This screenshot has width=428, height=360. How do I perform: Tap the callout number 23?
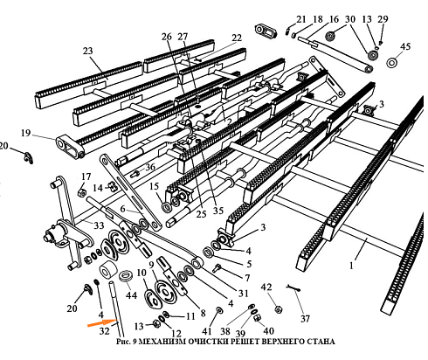87,52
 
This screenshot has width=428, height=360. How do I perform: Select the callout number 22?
237,38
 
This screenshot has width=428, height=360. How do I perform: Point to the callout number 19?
26,133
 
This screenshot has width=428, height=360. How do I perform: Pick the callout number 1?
352,260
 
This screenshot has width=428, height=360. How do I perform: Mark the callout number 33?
98,225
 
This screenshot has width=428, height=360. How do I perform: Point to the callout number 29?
381,18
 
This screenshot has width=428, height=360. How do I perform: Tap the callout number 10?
142,273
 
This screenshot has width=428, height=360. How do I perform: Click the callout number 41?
207,332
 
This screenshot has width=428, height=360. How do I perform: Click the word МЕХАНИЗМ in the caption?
177,342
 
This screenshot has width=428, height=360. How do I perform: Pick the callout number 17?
85,177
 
